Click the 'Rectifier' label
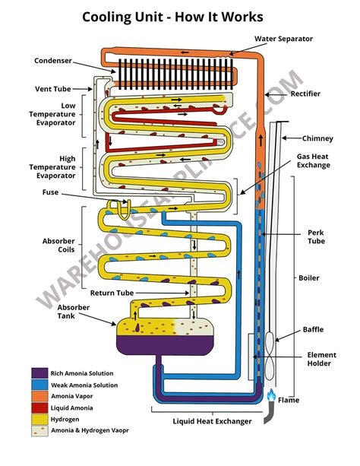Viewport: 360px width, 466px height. [305, 94]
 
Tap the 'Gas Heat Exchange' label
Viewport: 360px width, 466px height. [312, 160]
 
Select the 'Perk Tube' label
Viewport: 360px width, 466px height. [316, 237]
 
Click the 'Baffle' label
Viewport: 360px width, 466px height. [317, 331]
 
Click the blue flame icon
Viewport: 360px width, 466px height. [270, 396]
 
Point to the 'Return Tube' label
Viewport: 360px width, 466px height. [113, 293]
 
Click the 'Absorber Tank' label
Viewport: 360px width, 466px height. [74, 312]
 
